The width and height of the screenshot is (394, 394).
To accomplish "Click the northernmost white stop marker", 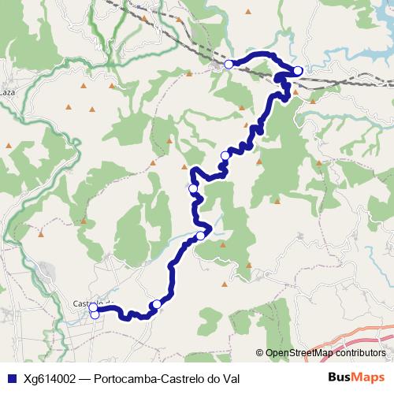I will tap(229, 64).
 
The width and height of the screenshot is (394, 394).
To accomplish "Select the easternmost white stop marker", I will tap(297, 71).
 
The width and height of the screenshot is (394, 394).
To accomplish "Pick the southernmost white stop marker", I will tap(95, 315).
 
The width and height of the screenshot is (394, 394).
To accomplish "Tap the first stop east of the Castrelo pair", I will tap(156, 304).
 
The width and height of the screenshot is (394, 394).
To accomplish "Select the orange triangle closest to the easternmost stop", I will tap(295, 91).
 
